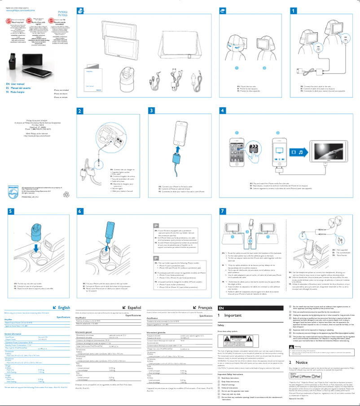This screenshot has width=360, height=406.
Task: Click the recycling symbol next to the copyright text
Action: pyautogui.click(x=55, y=195)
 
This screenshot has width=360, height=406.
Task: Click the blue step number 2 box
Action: pyautogui.click(x=79, y=111)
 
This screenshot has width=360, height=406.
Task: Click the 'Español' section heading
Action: pyautogui.click(x=132, y=295)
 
